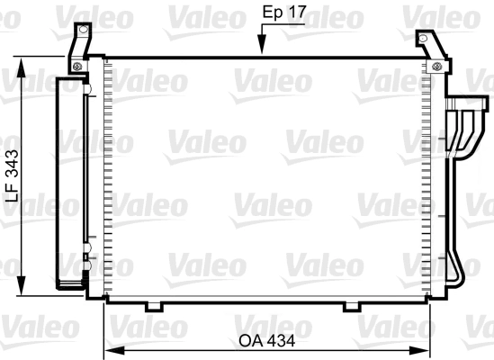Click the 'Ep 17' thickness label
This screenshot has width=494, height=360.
pos(284,13)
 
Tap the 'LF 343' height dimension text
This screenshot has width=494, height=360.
pos(13,175)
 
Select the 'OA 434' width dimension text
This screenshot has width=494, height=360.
pos(267,341)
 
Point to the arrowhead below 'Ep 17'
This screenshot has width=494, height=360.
pos(262,43)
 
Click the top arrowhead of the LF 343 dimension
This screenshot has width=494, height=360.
pos(21,67)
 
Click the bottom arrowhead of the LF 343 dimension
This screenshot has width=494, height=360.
pos(21,285)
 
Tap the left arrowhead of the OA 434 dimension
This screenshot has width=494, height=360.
pos(114,350)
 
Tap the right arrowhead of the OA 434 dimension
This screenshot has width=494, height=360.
pos(419,350)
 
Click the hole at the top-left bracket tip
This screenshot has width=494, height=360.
pos(83,30)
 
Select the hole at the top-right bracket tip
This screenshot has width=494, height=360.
pos(423,39)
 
